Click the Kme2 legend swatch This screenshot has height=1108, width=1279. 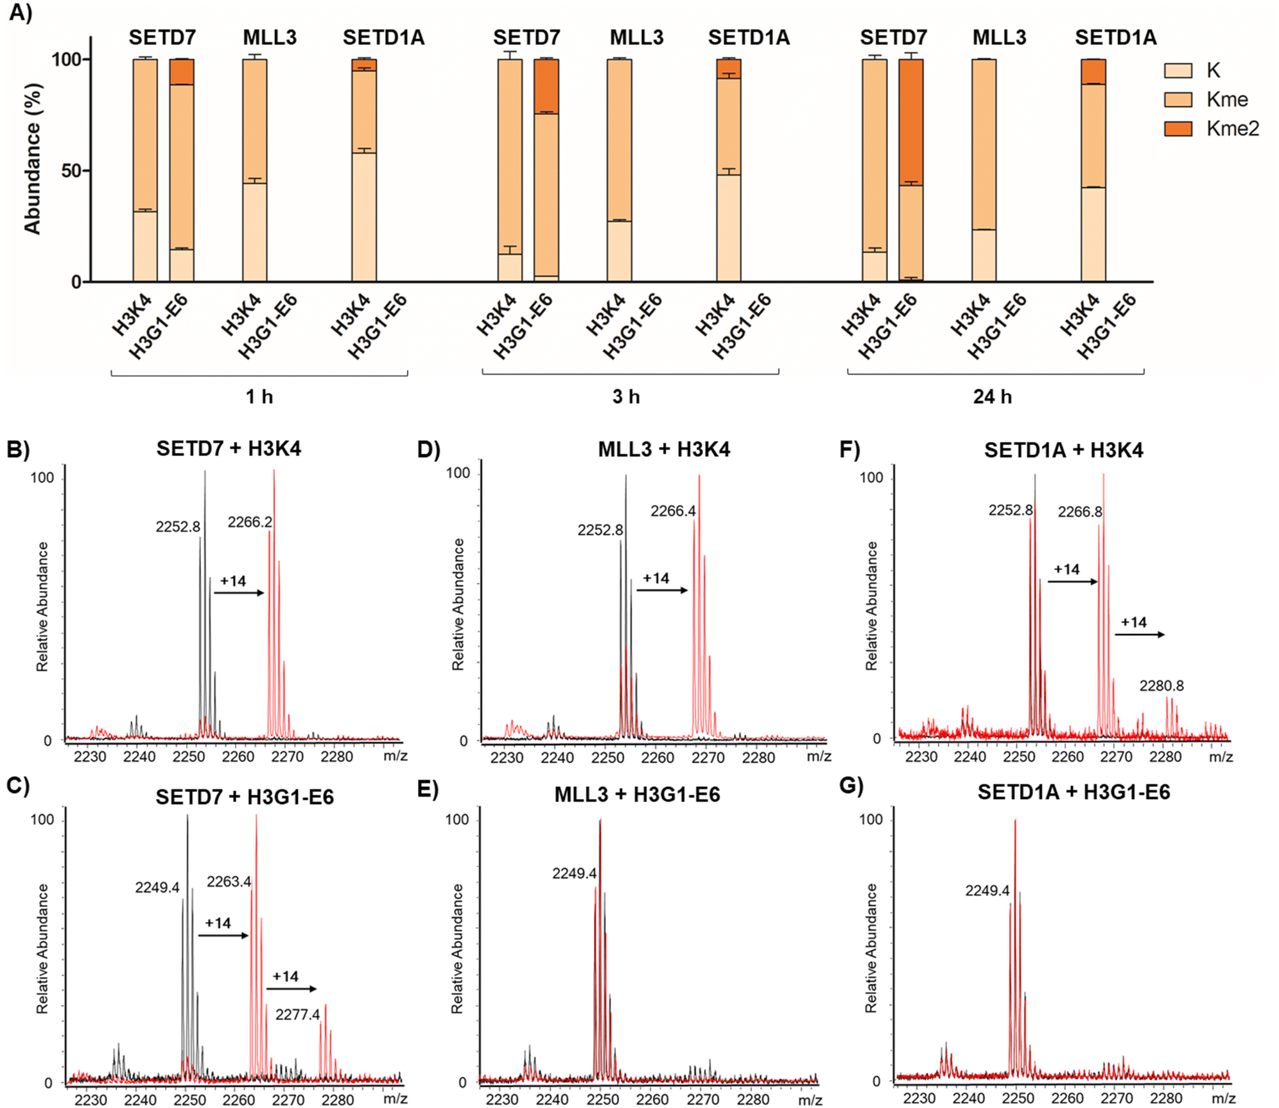point(1178,128)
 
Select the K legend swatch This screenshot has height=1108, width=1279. point(1178,71)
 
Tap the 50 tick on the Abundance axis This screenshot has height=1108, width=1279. point(71,171)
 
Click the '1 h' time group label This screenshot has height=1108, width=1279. point(259,396)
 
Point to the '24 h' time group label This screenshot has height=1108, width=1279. point(992,396)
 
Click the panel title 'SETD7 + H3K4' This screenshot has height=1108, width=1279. point(229,448)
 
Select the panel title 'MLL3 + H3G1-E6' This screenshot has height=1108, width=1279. point(637,795)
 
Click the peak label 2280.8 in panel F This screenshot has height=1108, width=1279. point(1162,686)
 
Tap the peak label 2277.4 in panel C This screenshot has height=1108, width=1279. point(297,1015)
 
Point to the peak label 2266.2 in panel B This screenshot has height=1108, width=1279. point(250,522)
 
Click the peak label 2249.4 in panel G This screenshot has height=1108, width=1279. point(987,891)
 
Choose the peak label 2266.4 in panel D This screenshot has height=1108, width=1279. point(673,511)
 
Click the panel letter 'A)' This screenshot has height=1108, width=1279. point(20,13)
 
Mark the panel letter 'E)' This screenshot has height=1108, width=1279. point(428,788)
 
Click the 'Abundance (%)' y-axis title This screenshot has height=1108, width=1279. point(32,159)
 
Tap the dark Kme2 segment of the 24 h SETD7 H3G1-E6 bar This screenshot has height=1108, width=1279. point(911,122)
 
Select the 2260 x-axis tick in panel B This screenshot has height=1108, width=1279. point(238,757)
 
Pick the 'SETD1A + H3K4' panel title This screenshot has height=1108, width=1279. point(1063,450)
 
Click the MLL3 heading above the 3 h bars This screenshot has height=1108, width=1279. point(636,37)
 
